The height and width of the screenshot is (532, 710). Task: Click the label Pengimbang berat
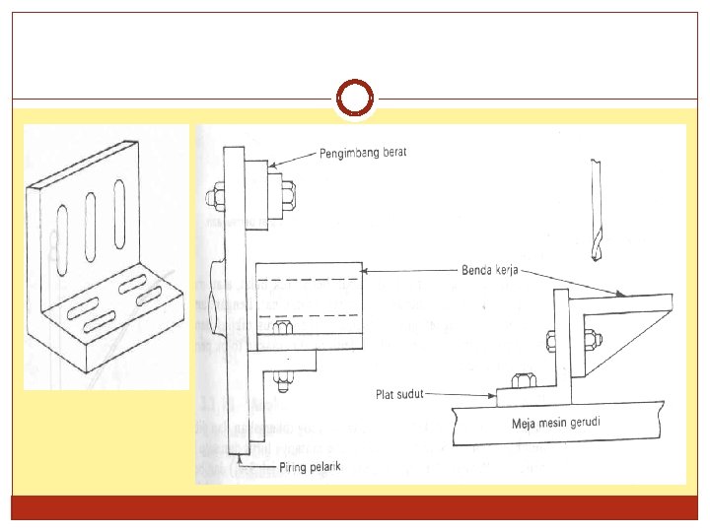tap(363, 153)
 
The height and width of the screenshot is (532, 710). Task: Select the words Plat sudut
tap(398, 395)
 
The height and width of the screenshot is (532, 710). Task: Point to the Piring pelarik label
tap(309, 467)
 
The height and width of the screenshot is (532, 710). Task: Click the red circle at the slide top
tap(355, 99)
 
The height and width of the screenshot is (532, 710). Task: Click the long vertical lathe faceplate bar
tap(234, 296)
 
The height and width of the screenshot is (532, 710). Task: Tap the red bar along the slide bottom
tap(355, 507)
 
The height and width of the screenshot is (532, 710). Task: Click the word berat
tap(390, 153)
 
